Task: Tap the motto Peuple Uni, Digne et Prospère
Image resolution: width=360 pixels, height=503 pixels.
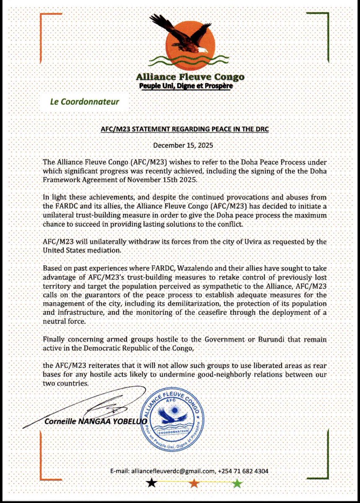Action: tap(185, 86)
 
